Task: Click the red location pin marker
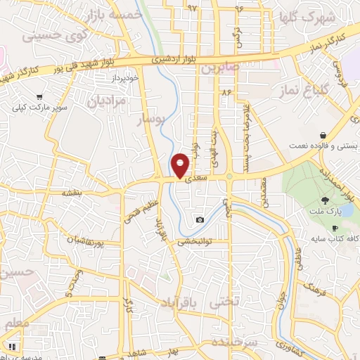[x=180, y=165]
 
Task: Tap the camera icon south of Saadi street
[x=200, y=220]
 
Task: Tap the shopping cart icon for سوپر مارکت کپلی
[x=40, y=97]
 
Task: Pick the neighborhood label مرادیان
[x=107, y=101]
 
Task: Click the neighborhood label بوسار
[x=149, y=121]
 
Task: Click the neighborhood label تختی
[x=226, y=301]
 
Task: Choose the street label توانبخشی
[x=194, y=241]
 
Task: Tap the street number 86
[x=226, y=91]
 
